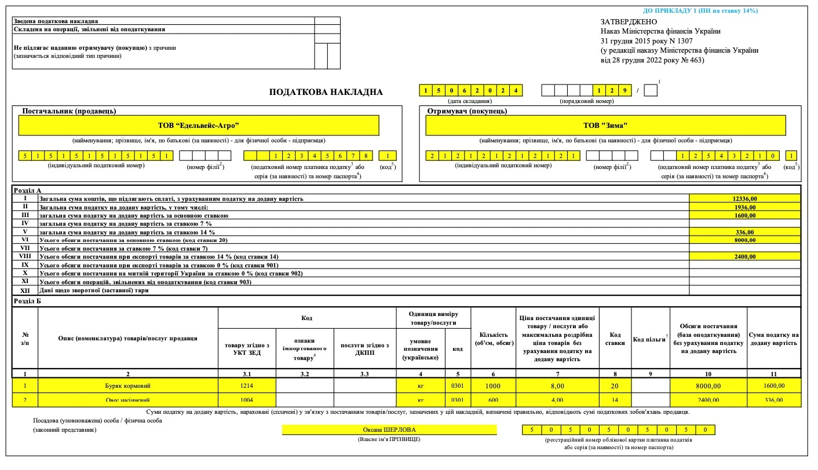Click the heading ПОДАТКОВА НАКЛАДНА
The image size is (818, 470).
(x=326, y=92)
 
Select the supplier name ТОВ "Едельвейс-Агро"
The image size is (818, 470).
(x=199, y=125)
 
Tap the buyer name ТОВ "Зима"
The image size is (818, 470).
(x=605, y=125)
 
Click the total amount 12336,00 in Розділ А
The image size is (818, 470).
(x=744, y=199)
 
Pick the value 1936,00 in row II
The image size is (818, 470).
(x=744, y=207)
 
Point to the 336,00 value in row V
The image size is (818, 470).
(x=744, y=232)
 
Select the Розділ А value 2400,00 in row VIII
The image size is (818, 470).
(x=744, y=256)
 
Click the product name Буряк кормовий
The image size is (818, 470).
(x=127, y=385)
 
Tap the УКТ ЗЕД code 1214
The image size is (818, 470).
(x=247, y=385)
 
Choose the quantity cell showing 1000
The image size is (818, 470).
(x=494, y=385)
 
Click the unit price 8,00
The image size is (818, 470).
(x=557, y=385)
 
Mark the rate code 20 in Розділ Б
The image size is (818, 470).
(x=615, y=385)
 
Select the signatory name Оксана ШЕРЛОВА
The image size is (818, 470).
(x=389, y=429)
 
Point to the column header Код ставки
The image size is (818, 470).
(x=615, y=339)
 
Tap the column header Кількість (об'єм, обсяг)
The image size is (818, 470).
(x=494, y=339)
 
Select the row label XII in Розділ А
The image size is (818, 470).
(x=25, y=290)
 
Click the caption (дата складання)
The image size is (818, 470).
(x=470, y=101)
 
